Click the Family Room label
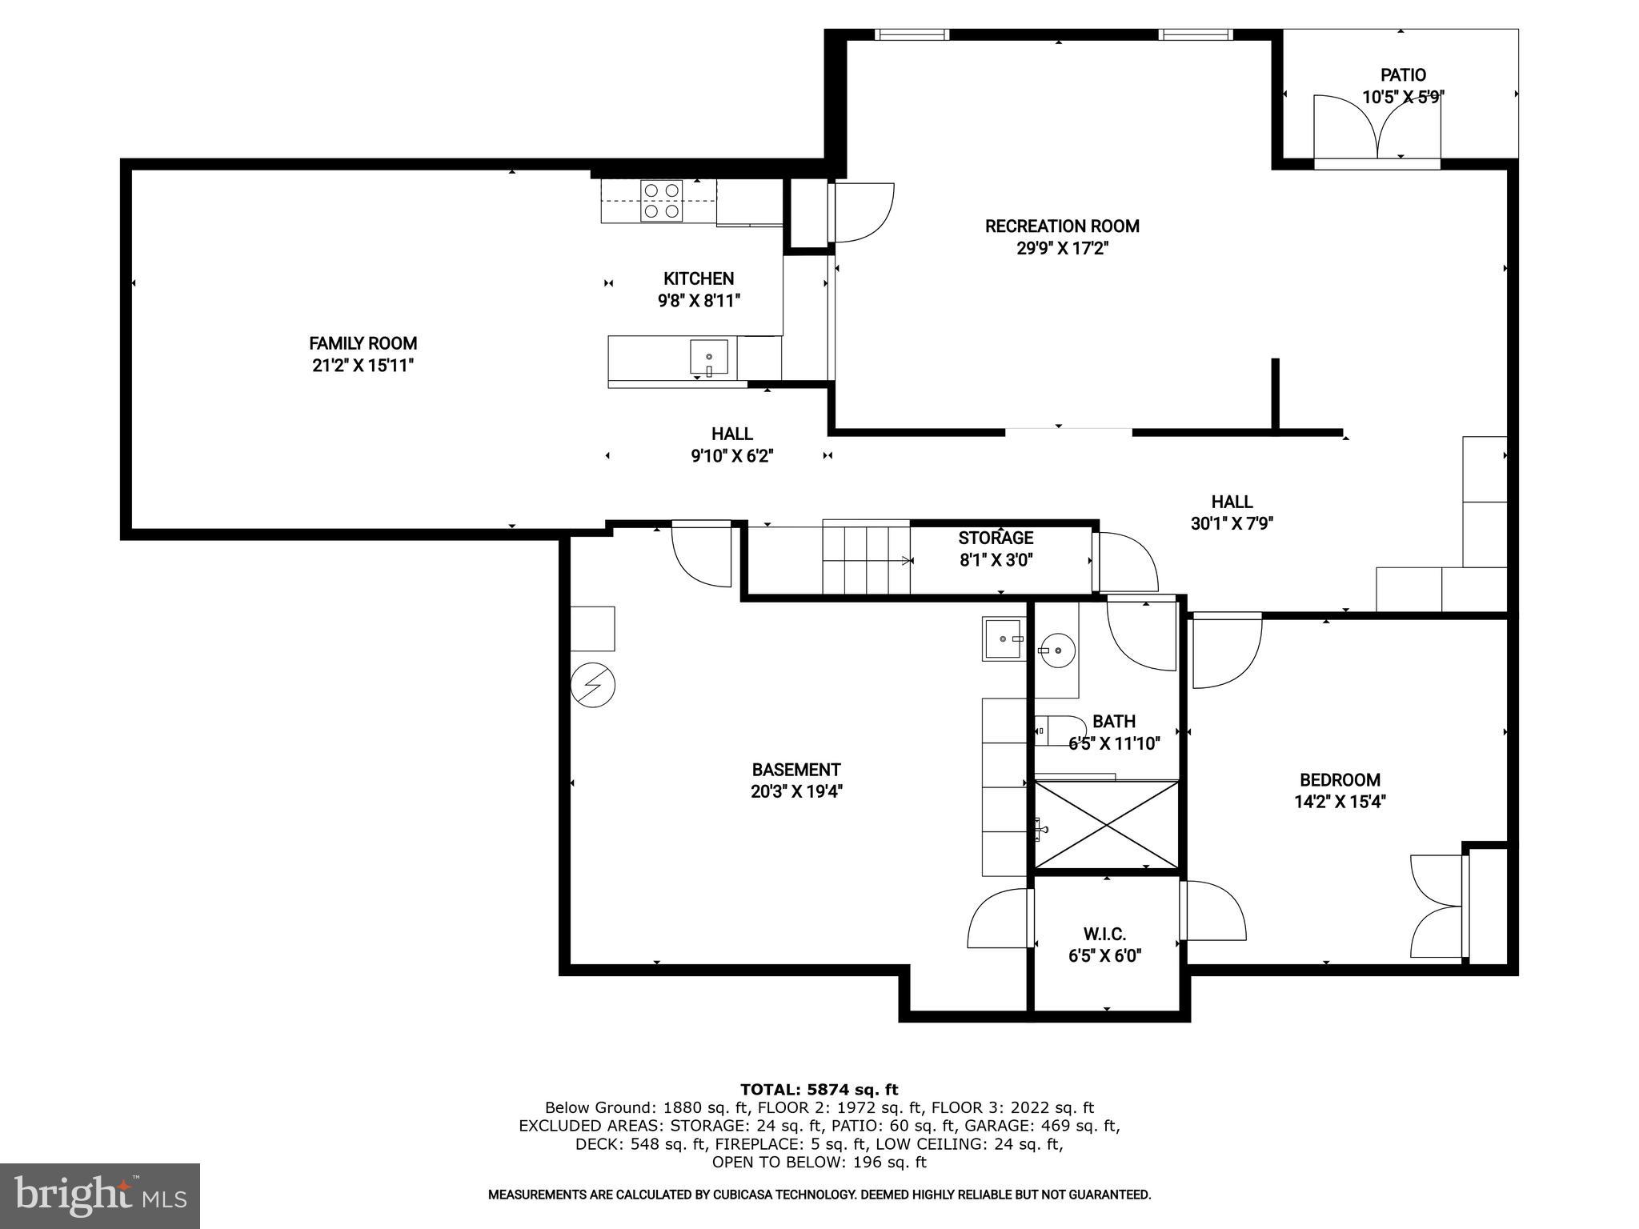(x=363, y=343)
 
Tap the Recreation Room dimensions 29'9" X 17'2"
(x=1061, y=249)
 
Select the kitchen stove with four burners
(x=662, y=201)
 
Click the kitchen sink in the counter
(x=709, y=357)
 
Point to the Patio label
(x=1402, y=75)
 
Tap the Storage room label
(x=996, y=538)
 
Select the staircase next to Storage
(x=866, y=557)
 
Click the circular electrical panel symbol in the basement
(x=593, y=686)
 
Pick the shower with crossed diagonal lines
(x=1107, y=825)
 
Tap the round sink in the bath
(x=1059, y=650)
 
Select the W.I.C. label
(x=1104, y=934)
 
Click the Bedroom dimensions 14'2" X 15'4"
(x=1340, y=802)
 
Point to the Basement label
(x=795, y=770)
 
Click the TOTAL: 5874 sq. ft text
(x=819, y=1089)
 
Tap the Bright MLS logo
(x=100, y=1195)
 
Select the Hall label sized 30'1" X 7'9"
(x=1232, y=502)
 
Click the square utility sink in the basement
(x=1003, y=639)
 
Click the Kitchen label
(x=698, y=278)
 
